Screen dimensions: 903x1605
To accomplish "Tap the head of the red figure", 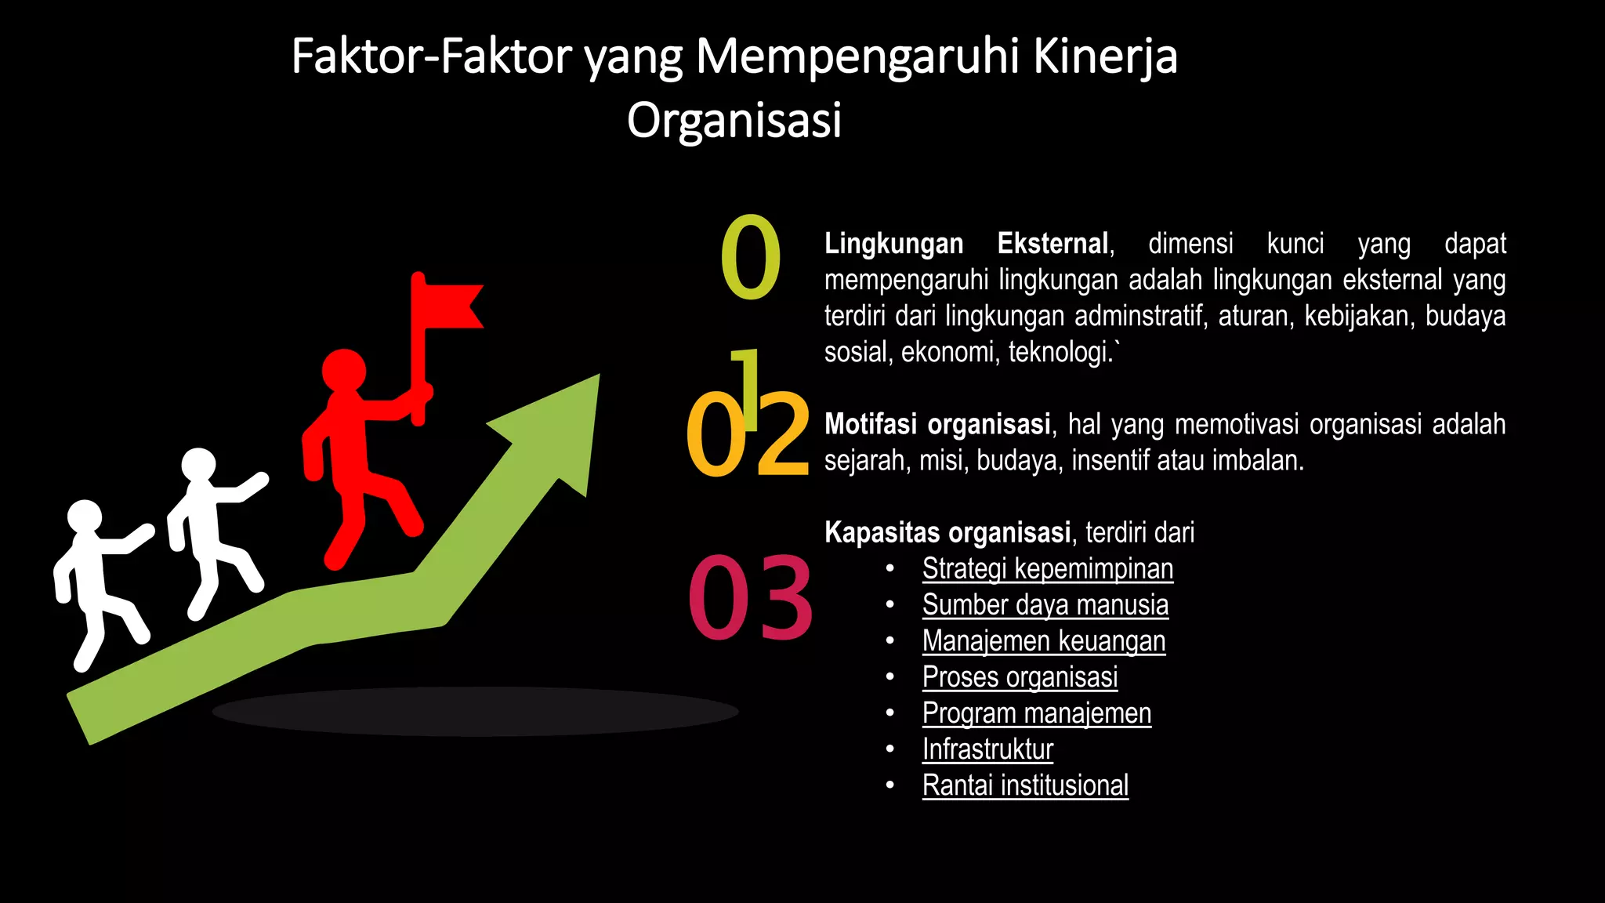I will pyautogui.click(x=344, y=371).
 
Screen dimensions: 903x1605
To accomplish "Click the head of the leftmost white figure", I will pyautogui.click(x=85, y=517).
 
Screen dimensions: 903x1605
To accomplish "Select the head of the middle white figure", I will pyautogui.click(x=199, y=465).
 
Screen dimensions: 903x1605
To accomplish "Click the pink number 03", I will pyautogui.click(x=750, y=597).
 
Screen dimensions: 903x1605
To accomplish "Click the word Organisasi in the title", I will pyautogui.click(x=734, y=120).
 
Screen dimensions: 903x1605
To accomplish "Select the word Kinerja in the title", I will pyautogui.click(x=1105, y=56).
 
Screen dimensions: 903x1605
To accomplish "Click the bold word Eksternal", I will pyautogui.click(x=1052, y=244).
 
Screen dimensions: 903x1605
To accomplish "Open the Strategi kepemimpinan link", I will pyautogui.click(x=1048, y=569).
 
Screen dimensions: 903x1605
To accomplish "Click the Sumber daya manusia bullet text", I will pyautogui.click(x=1045, y=605).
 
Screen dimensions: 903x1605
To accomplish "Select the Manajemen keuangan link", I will pyautogui.click(x=1044, y=641).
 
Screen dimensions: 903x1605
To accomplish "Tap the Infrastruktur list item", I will pyautogui.click(x=987, y=749).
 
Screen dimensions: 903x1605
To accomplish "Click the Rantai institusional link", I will pyautogui.click(x=1025, y=785).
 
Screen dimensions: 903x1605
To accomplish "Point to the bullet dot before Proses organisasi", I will pyautogui.click(x=890, y=677).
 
